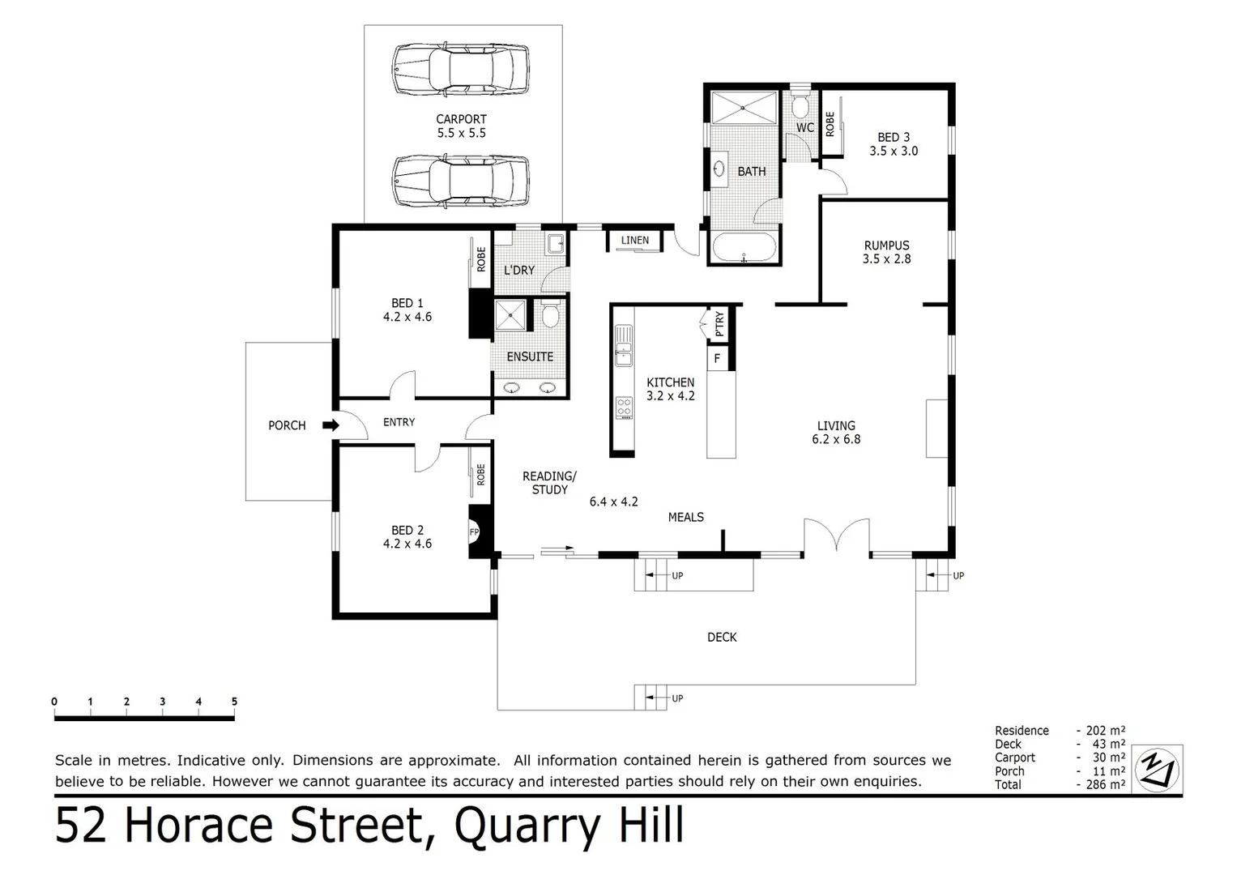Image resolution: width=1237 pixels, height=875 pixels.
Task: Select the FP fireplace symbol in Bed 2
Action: point(476,532)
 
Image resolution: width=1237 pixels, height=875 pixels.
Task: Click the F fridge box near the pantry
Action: point(717,357)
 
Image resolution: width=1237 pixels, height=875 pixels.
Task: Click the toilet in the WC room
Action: point(800,106)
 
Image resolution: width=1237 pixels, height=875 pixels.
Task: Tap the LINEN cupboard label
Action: point(635,241)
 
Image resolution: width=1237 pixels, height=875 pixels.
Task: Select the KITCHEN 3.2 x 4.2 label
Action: point(670,389)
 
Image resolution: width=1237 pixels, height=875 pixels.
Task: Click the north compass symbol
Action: point(1158,768)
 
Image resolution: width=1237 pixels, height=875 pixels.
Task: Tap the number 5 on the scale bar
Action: point(234,702)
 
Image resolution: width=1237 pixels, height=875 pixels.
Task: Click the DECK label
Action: point(722,638)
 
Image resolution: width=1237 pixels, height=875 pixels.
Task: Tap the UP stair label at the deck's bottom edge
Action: point(677,698)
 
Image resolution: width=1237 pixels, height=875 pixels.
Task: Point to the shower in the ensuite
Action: point(510,314)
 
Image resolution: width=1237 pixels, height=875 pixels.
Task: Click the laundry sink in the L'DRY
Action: point(556,243)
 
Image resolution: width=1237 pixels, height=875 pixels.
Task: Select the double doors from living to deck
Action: point(837,539)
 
